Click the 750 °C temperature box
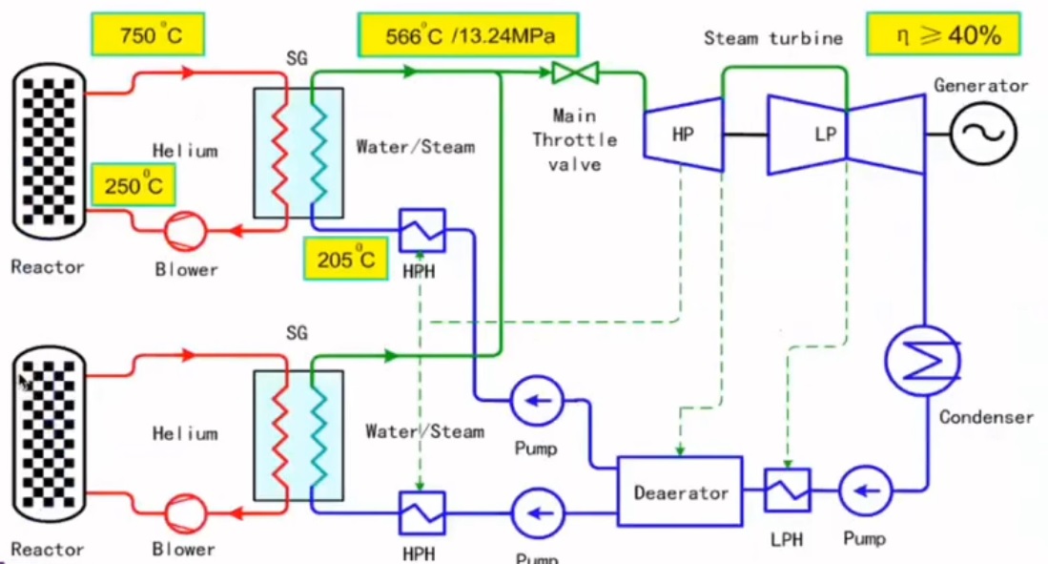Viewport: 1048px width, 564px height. (150, 36)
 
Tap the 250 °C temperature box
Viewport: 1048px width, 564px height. (134, 185)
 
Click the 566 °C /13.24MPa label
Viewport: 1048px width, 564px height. (469, 36)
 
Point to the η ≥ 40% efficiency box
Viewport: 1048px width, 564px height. (940, 36)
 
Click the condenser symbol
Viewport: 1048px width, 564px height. (922, 361)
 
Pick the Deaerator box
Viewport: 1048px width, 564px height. (681, 492)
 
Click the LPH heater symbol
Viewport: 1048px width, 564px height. (788, 491)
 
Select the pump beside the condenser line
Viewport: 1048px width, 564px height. (865, 492)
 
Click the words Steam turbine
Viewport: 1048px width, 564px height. (773, 38)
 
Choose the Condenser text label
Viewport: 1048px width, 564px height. (985, 417)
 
